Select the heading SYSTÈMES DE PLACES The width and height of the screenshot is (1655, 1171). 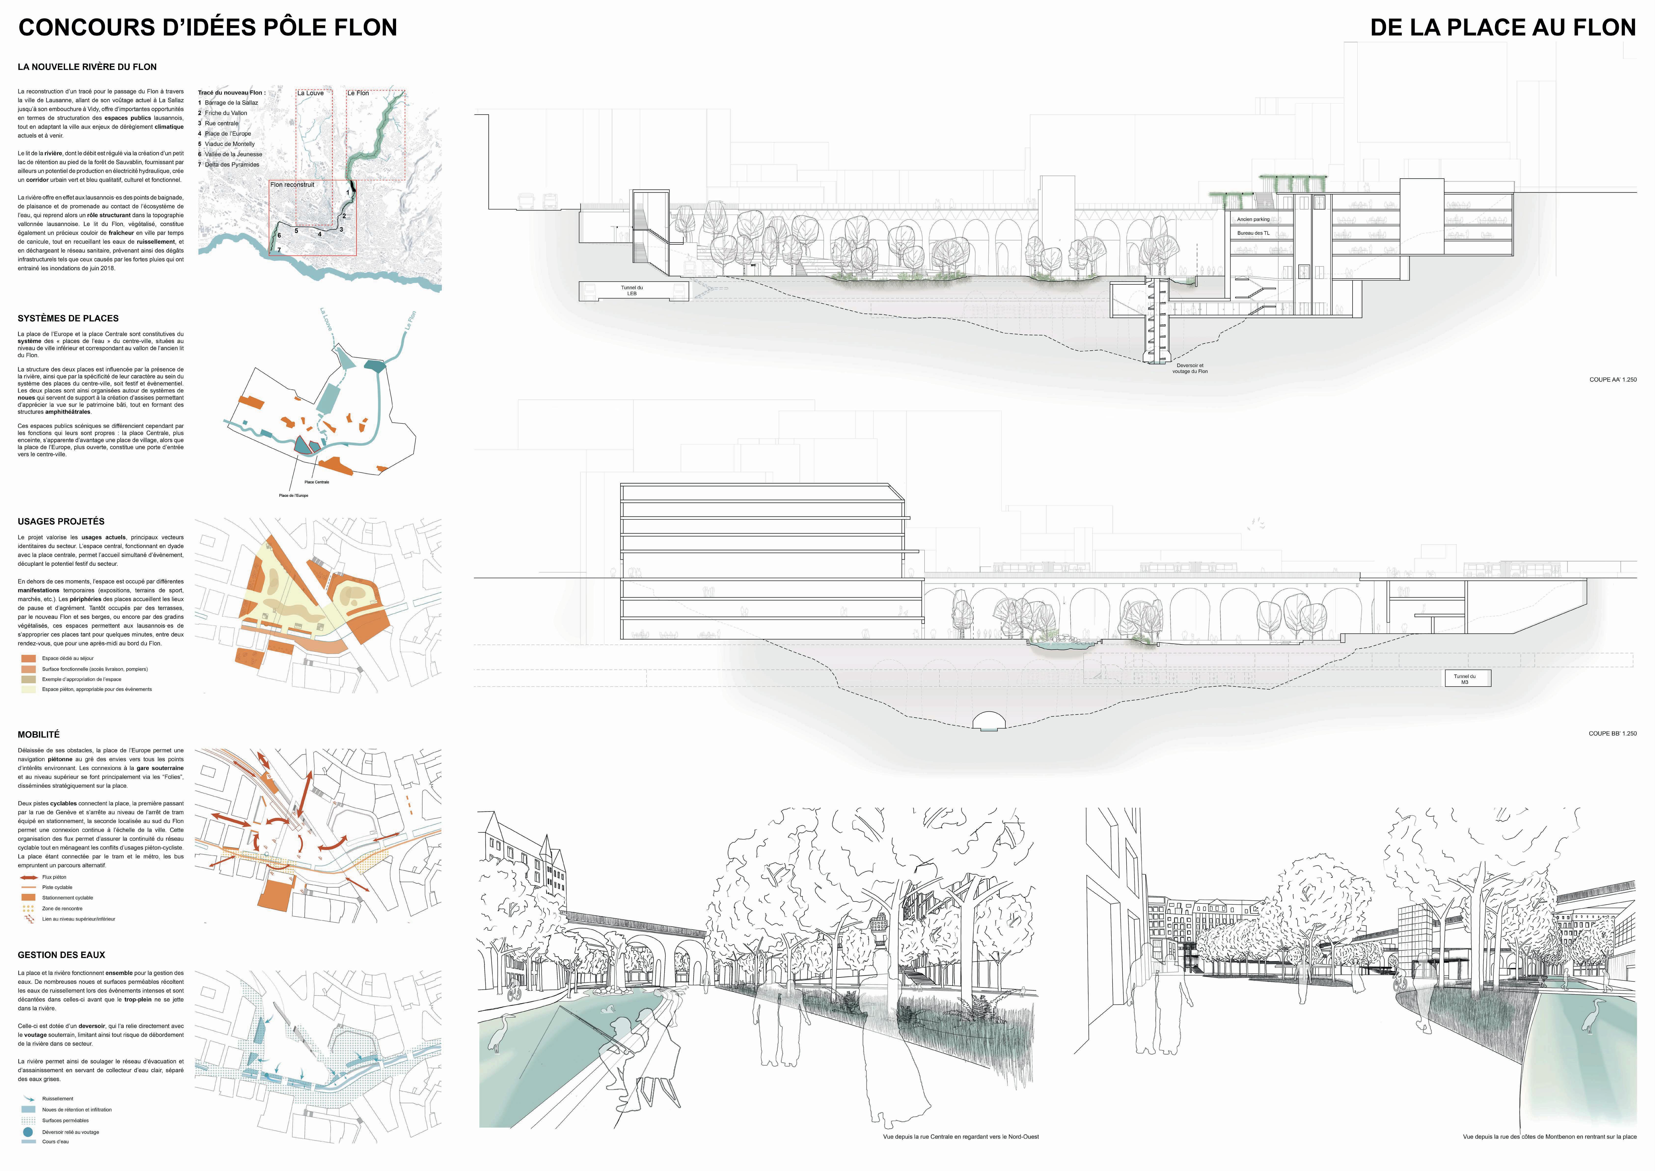tap(68, 318)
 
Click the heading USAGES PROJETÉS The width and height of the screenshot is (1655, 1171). tap(61, 521)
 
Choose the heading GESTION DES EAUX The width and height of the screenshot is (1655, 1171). tap(61, 955)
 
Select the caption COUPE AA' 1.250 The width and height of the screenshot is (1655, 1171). tap(1613, 379)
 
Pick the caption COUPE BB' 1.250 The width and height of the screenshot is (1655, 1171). tap(1613, 733)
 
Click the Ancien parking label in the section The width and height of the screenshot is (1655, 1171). tap(1254, 219)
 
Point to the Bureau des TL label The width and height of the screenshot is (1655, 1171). tap(1254, 233)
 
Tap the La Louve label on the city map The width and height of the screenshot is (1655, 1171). tap(311, 93)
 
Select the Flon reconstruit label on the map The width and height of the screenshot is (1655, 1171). tap(293, 185)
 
